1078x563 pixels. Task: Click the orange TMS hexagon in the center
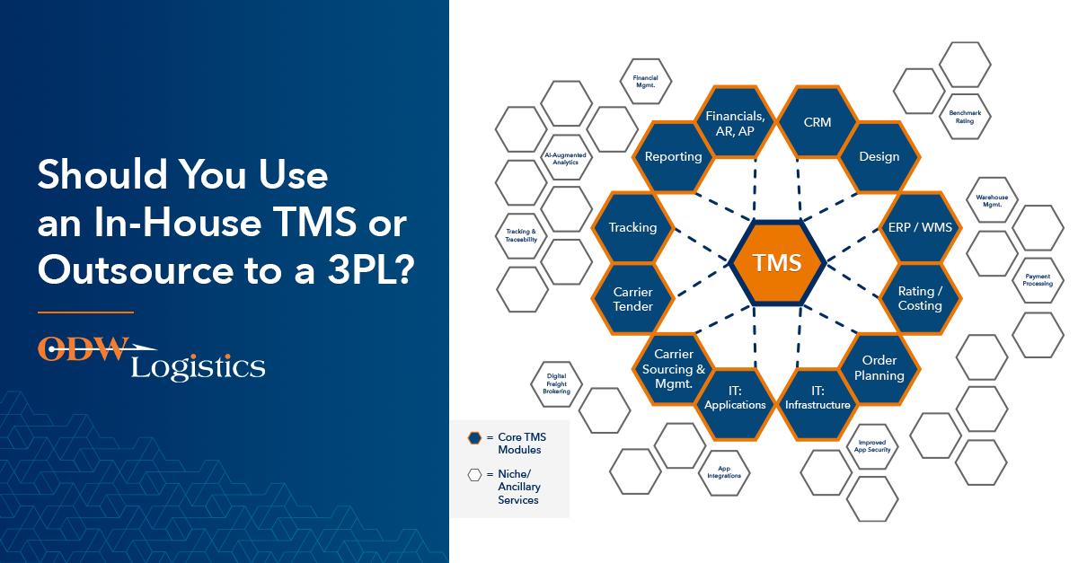[777, 263]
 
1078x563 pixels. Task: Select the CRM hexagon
[817, 122]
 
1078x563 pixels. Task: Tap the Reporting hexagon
[673, 156]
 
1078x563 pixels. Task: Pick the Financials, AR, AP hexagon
[735, 122]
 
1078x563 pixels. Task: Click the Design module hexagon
[879, 156]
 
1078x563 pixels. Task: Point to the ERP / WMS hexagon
[920, 227]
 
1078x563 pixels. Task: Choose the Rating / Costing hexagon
[920, 298]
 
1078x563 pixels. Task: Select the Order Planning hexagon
[879, 368]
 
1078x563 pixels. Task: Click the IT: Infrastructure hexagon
[817, 404]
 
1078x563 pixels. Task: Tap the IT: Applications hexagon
[735, 404]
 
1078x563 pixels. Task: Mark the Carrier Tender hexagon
[632, 298]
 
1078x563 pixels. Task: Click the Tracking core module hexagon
[632, 227]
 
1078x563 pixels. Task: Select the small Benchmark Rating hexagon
[965, 117]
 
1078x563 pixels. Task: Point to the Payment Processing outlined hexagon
[1038, 280]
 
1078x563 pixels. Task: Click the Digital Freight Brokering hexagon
[556, 384]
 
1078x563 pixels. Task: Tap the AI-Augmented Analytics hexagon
[565, 158]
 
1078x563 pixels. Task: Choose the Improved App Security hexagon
[872, 446]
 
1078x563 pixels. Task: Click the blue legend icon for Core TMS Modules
[474, 438]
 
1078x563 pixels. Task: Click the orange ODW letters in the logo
[83, 349]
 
